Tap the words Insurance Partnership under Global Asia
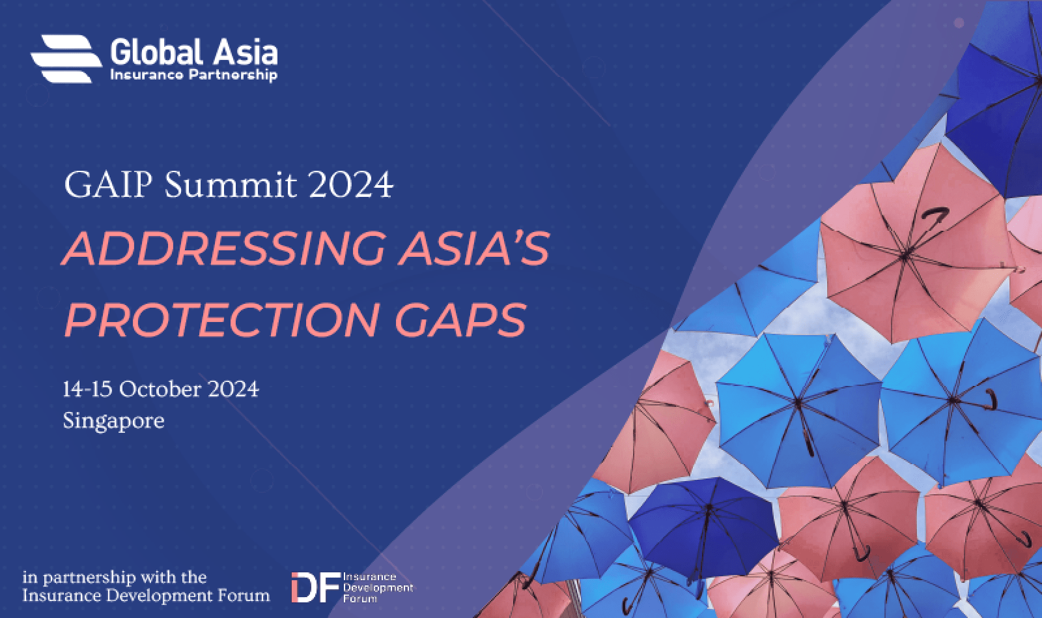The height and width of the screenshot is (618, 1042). (x=194, y=75)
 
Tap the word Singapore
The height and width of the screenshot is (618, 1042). (x=113, y=420)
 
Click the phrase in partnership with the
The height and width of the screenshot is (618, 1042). (x=114, y=578)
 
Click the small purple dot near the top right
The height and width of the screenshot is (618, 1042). (x=959, y=23)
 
